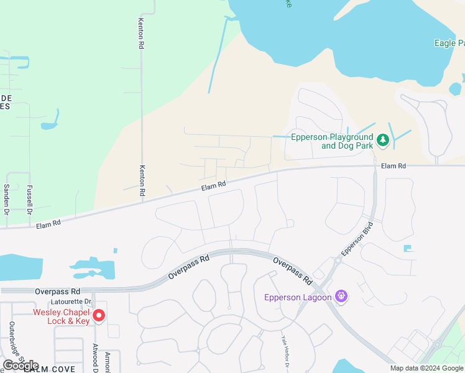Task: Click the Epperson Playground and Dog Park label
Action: [332, 142]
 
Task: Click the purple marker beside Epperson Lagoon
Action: [341, 297]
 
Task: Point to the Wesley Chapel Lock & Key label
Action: [62, 316]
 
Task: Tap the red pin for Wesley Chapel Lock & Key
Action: [98, 316]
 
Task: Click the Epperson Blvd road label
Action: [356, 238]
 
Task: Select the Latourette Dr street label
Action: [72, 302]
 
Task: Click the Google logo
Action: [21, 366]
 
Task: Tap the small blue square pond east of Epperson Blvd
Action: [408, 249]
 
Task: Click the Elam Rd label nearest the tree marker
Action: [393, 166]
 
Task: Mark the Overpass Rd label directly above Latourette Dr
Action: [58, 291]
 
